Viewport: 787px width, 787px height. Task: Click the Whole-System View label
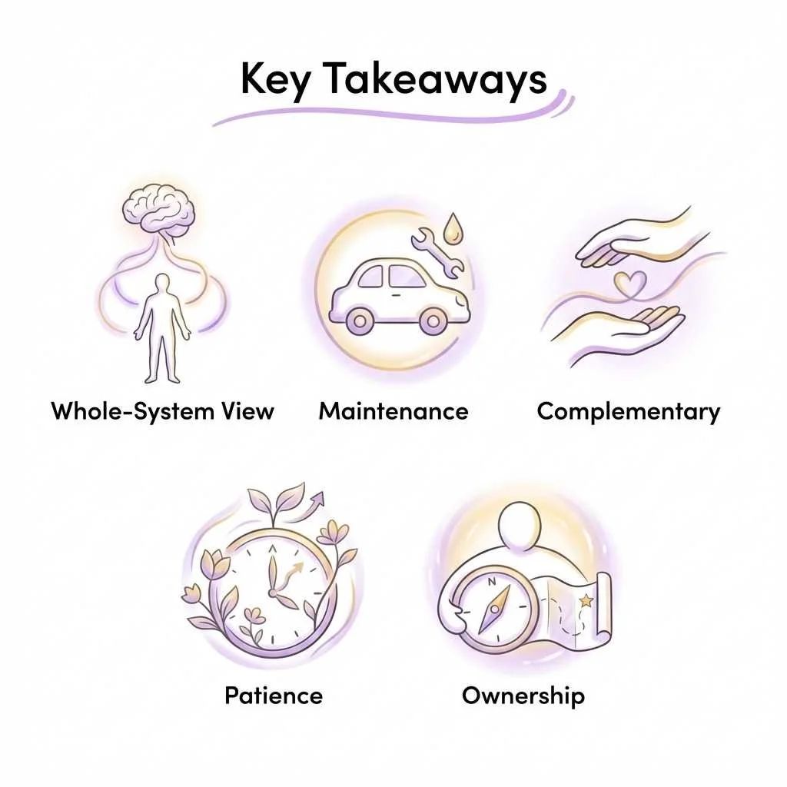tap(163, 411)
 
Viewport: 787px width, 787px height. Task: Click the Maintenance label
tap(393, 411)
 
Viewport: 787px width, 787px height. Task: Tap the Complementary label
tap(629, 412)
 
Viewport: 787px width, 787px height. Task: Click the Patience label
tap(274, 696)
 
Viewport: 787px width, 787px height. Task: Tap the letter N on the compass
tap(493, 582)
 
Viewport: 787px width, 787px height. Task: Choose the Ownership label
tap(523, 696)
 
